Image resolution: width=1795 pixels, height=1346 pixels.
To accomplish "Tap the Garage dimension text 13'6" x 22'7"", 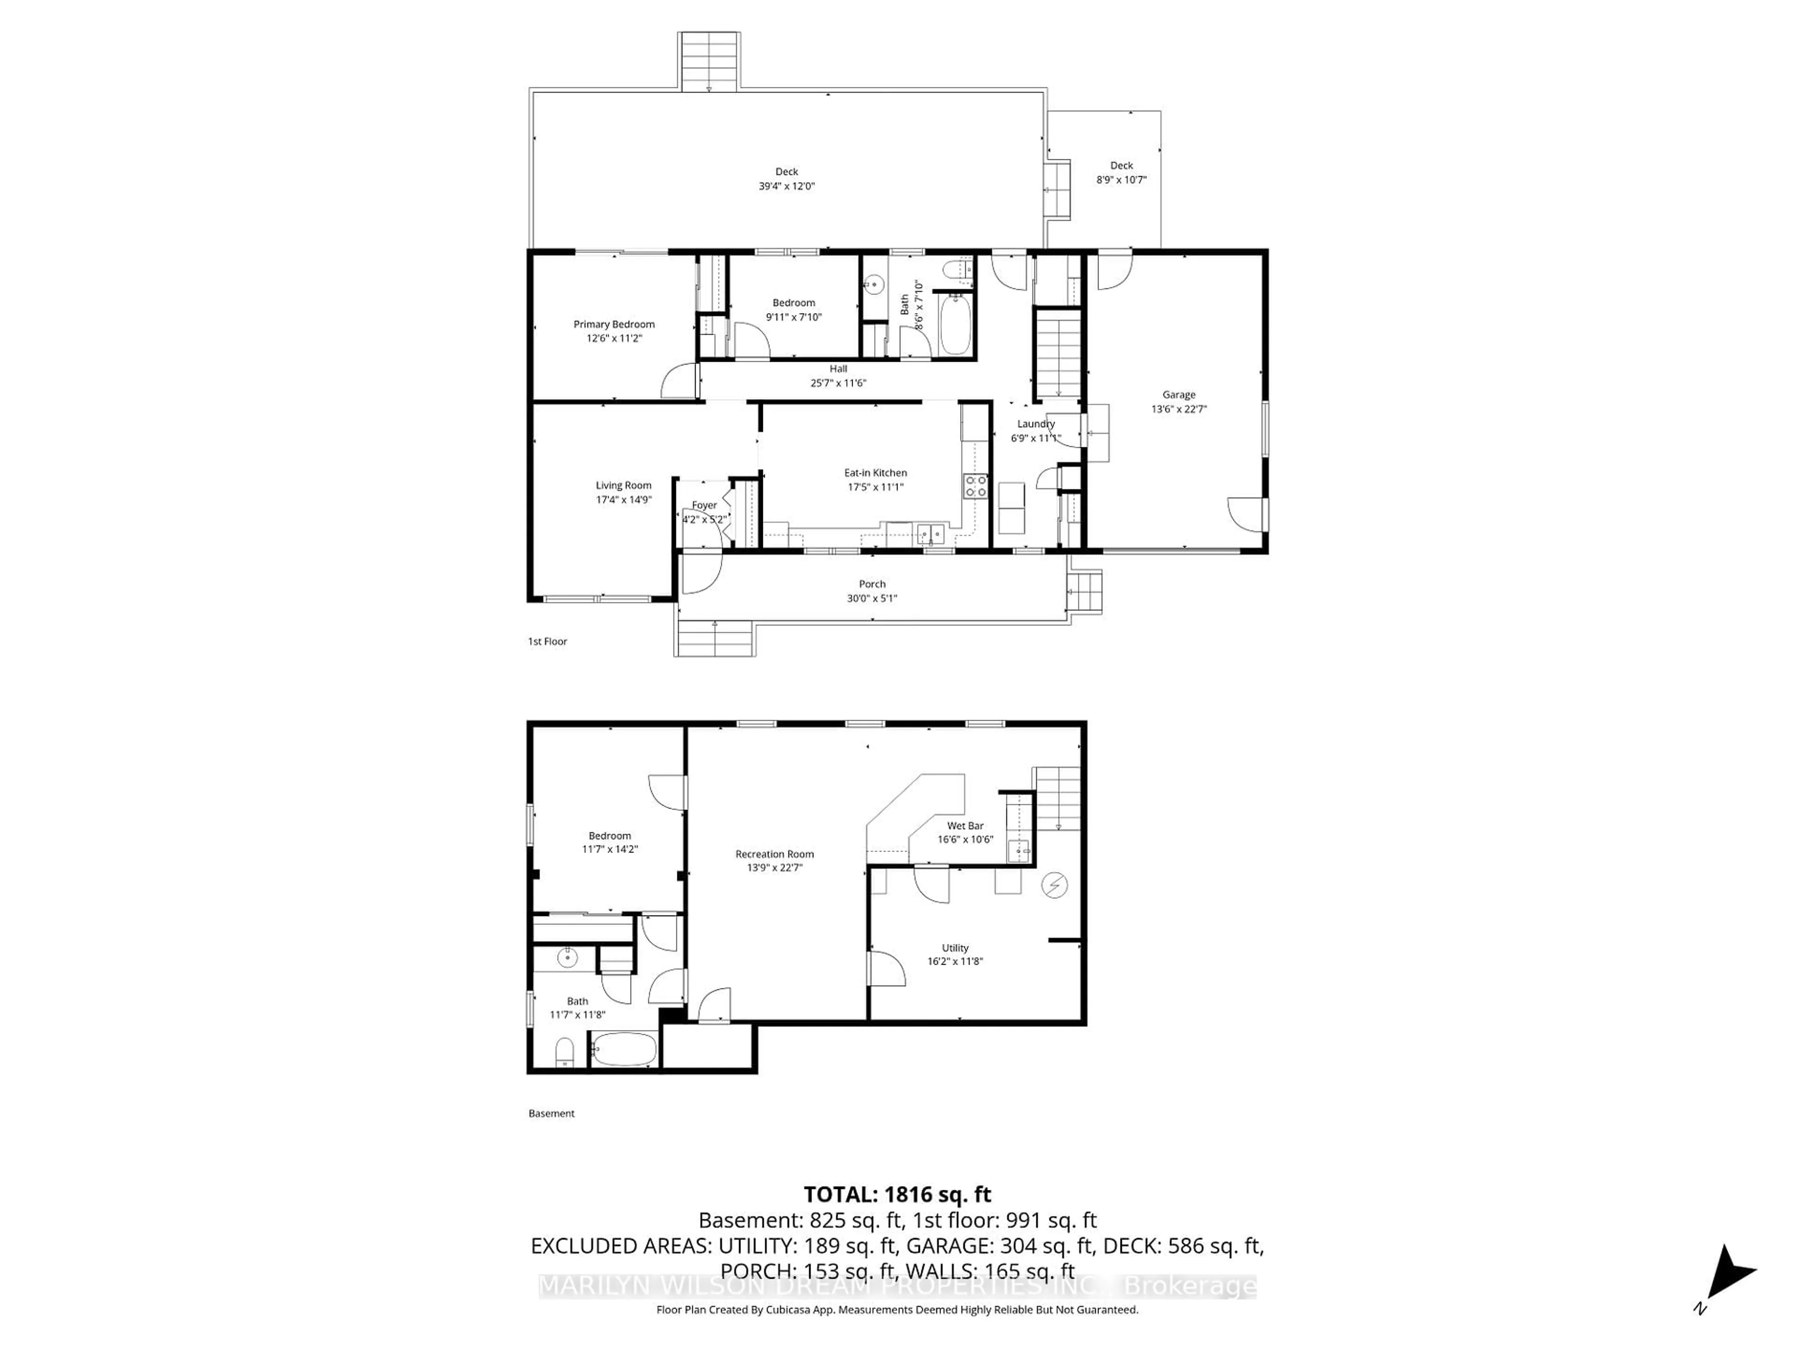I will [x=1178, y=409].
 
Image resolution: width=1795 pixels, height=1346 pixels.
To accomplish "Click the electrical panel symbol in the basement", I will [x=1054, y=885].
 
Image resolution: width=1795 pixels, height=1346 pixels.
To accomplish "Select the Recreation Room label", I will [x=774, y=853].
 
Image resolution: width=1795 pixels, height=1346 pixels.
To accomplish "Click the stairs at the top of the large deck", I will [x=709, y=62].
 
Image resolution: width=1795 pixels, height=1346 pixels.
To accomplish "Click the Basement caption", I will [x=551, y=1113].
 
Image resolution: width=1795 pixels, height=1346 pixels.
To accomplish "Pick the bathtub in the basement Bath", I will [x=623, y=1049].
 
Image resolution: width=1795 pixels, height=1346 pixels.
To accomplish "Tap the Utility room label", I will [x=955, y=948].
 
